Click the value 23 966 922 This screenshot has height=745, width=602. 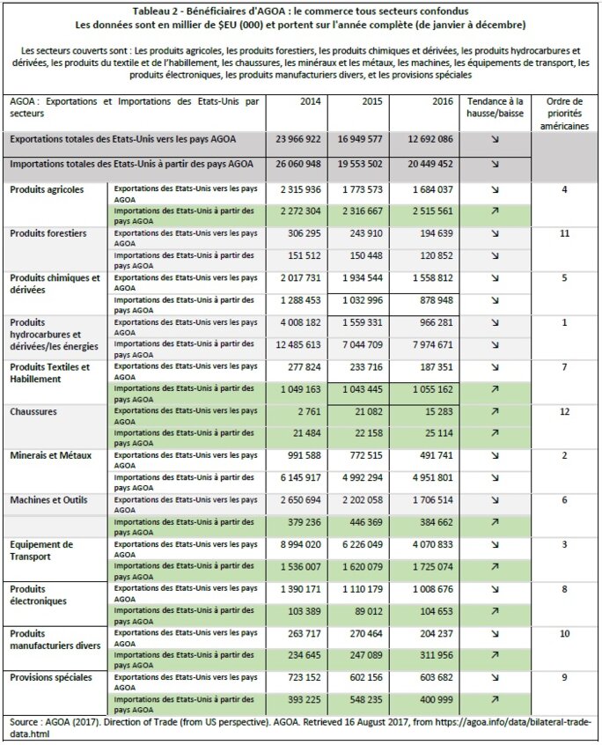(297, 140)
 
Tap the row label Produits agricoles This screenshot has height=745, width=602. (48, 189)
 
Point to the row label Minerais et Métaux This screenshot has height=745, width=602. (53, 455)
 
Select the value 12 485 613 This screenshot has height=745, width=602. (297, 344)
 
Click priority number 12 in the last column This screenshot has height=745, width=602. (564, 411)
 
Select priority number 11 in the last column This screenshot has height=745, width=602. (564, 233)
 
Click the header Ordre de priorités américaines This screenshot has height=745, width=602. (564, 114)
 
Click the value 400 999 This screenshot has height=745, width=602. (431, 699)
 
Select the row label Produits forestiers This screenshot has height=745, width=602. (48, 233)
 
